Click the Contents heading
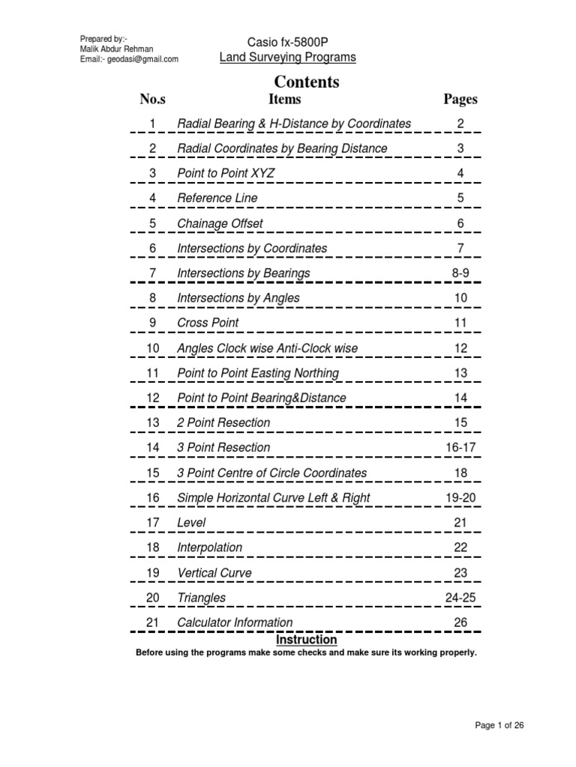[x=306, y=82]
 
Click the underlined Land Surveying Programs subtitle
[x=287, y=57]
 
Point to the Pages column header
[x=460, y=99]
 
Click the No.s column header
[x=152, y=99]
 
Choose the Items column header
[x=284, y=99]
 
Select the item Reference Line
[x=217, y=198]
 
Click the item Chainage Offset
[x=220, y=223]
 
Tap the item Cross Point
[x=208, y=323]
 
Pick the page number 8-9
[x=460, y=273]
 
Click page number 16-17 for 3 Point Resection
[x=460, y=448]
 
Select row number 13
[x=153, y=423]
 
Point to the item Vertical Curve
[x=214, y=573]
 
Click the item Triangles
[x=201, y=598]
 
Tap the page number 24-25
[x=460, y=598]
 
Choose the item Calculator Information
[x=235, y=622]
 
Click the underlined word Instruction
[x=307, y=640]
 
